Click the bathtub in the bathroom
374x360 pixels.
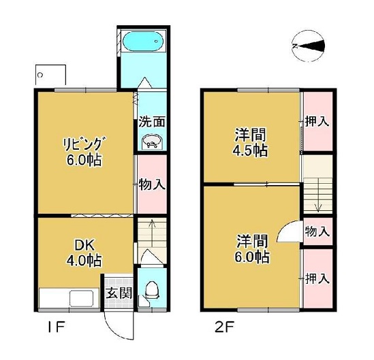click(x=143, y=42)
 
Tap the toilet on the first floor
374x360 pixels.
click(x=152, y=289)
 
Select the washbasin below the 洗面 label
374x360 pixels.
click(x=152, y=142)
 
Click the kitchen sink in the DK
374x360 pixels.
click(x=81, y=298)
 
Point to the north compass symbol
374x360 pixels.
click(x=308, y=46)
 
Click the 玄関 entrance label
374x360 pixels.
click(x=119, y=293)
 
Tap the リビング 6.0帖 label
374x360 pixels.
click(x=84, y=152)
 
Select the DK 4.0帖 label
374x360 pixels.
click(x=84, y=253)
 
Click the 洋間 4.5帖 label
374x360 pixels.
click(x=250, y=142)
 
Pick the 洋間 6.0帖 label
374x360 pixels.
click(x=252, y=248)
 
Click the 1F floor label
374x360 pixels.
click(x=56, y=327)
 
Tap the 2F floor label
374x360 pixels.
click(x=224, y=327)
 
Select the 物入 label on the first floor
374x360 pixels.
click(x=152, y=184)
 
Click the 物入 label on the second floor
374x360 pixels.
click(x=317, y=231)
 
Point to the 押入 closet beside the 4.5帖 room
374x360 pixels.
click(x=317, y=122)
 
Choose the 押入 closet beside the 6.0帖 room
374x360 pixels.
click(x=317, y=278)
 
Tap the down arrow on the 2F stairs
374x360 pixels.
click(x=318, y=195)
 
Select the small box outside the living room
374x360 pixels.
click(x=50, y=75)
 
